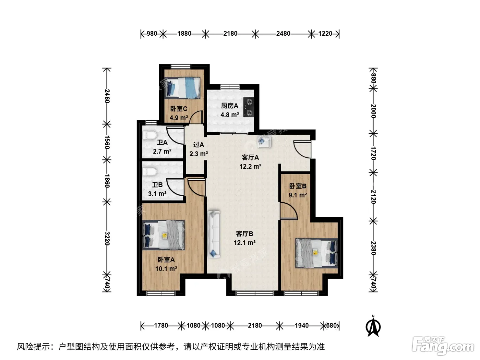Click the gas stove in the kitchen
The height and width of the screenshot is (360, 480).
click(x=249, y=107)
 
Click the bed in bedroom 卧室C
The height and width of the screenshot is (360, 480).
click(x=182, y=87)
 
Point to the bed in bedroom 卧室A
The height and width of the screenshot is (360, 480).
click(x=163, y=235)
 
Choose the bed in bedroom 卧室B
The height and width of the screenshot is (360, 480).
click(x=316, y=253)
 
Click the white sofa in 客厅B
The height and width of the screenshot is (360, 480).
click(x=214, y=234)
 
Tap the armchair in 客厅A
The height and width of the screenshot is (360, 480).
click(x=264, y=141)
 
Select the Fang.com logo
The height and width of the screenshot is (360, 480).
click(x=443, y=346)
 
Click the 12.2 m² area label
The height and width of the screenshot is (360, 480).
click(x=250, y=167)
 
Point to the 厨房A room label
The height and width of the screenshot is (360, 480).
click(x=229, y=106)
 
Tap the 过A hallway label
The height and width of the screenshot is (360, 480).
click(x=199, y=145)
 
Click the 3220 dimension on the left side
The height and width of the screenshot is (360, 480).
click(x=107, y=238)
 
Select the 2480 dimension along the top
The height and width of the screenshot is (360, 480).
click(x=283, y=34)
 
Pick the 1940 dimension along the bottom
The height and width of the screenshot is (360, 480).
click(x=302, y=325)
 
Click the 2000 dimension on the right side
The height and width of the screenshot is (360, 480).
click(x=373, y=111)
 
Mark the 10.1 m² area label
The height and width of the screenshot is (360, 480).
click(x=166, y=269)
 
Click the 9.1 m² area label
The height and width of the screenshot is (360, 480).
click(x=298, y=195)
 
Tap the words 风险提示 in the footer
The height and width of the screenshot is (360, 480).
click(x=33, y=347)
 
